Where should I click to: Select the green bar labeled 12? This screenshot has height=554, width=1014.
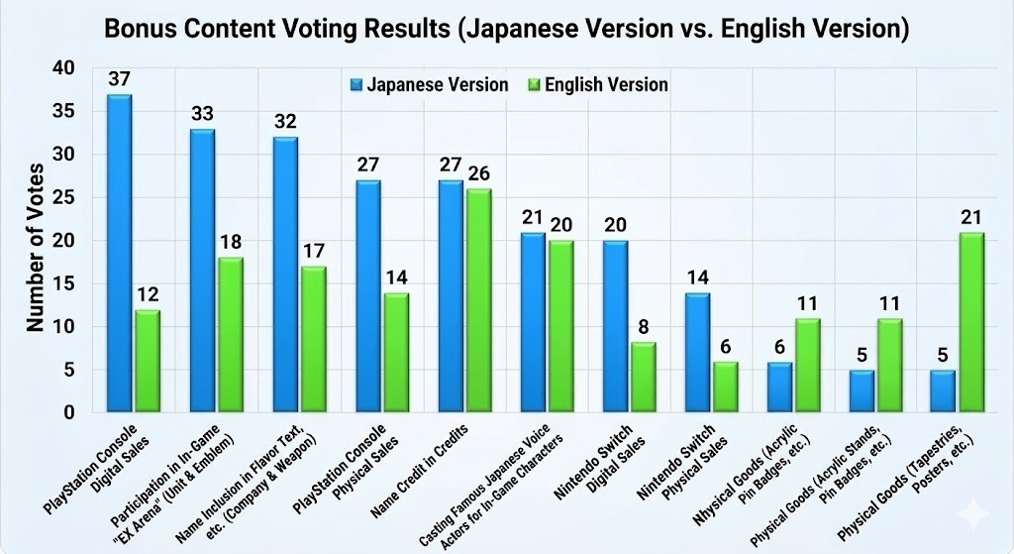click(148, 361)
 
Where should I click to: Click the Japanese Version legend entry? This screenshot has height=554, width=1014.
click(430, 84)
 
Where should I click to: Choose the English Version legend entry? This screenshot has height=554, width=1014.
click(598, 84)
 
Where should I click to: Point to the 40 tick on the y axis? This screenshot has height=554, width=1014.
click(63, 68)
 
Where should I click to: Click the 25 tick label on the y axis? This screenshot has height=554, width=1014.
click(63, 197)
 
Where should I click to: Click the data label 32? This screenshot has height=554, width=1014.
click(284, 121)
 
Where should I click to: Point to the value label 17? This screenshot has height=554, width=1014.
click(312, 250)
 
